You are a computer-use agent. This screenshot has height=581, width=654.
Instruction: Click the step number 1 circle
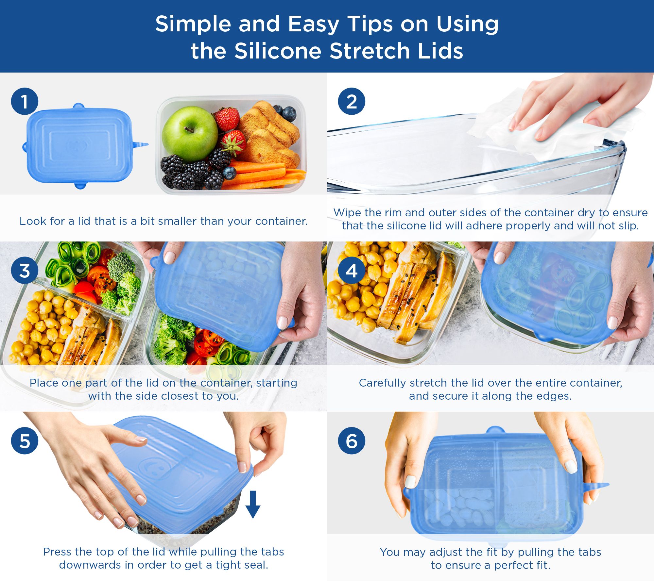[25, 101]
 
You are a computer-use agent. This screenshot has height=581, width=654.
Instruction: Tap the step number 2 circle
[352, 101]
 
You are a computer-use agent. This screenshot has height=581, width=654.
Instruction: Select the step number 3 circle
[25, 271]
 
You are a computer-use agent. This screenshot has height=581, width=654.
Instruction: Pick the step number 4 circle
[352, 271]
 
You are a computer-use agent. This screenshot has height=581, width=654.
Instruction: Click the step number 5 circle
[25, 441]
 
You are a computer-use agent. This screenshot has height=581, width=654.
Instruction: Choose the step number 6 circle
[352, 441]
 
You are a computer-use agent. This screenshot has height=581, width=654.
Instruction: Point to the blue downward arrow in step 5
[253, 504]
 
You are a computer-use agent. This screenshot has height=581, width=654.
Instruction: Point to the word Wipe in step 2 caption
[347, 213]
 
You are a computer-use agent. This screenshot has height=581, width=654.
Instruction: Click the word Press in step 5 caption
[57, 552]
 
